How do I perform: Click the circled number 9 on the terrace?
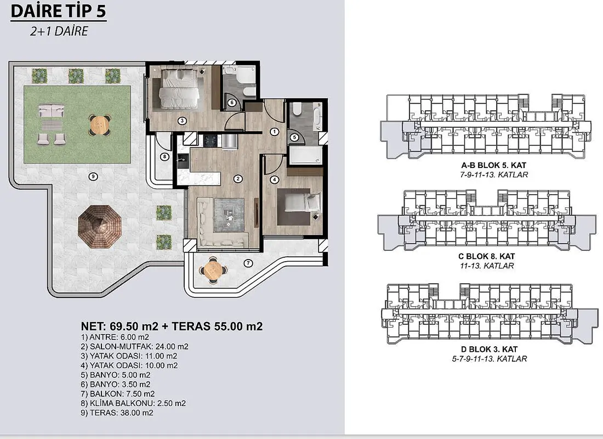click(x=93, y=177)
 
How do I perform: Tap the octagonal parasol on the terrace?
click(x=100, y=227)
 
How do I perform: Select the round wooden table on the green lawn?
click(x=100, y=125)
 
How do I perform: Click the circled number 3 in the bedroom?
click(x=182, y=121)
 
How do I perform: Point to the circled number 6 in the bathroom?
click(x=231, y=103)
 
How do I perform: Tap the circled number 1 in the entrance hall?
click(x=274, y=132)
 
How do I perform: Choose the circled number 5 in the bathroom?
click(x=294, y=137)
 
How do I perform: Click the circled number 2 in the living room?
click(x=238, y=179)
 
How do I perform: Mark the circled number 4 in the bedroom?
click(x=274, y=179)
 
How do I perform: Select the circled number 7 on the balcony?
click(x=248, y=263)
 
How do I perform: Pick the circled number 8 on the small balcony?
click(x=164, y=157)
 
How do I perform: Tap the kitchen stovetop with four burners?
click(x=211, y=142)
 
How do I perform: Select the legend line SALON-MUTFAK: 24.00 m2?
click(x=135, y=347)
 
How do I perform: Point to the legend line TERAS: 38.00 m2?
click(x=117, y=413)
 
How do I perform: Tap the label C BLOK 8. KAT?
click(x=486, y=256)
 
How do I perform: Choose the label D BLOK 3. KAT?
click(x=489, y=349)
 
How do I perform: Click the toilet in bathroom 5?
click(x=297, y=110)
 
